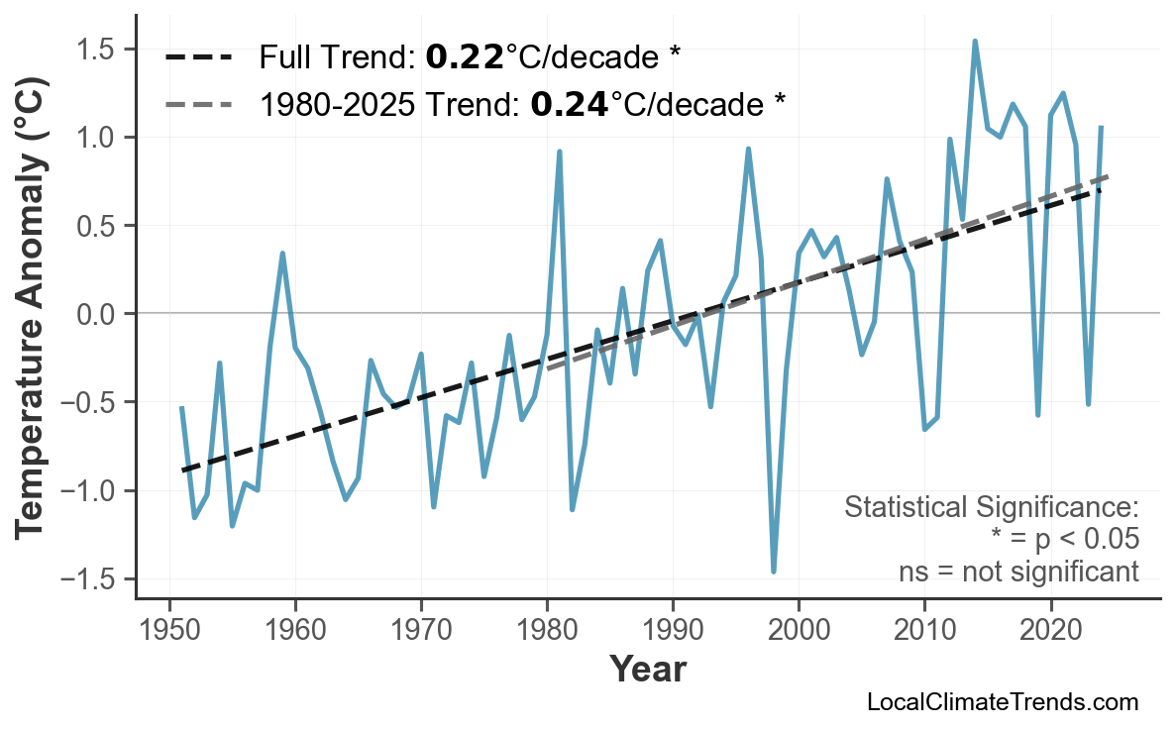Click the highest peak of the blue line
coord(975,42)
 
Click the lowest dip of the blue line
coord(773,571)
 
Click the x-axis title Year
coord(647,670)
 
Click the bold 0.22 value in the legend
coord(464,57)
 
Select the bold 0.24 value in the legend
coord(569,102)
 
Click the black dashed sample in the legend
coord(198,57)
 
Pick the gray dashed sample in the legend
coord(198,102)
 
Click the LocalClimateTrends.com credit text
coord(1002,702)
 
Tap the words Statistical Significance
coord(991,508)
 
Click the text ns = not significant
coord(1018,572)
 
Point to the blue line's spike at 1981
coord(560,153)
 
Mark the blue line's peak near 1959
coord(282,254)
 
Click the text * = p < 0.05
coord(1064,540)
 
